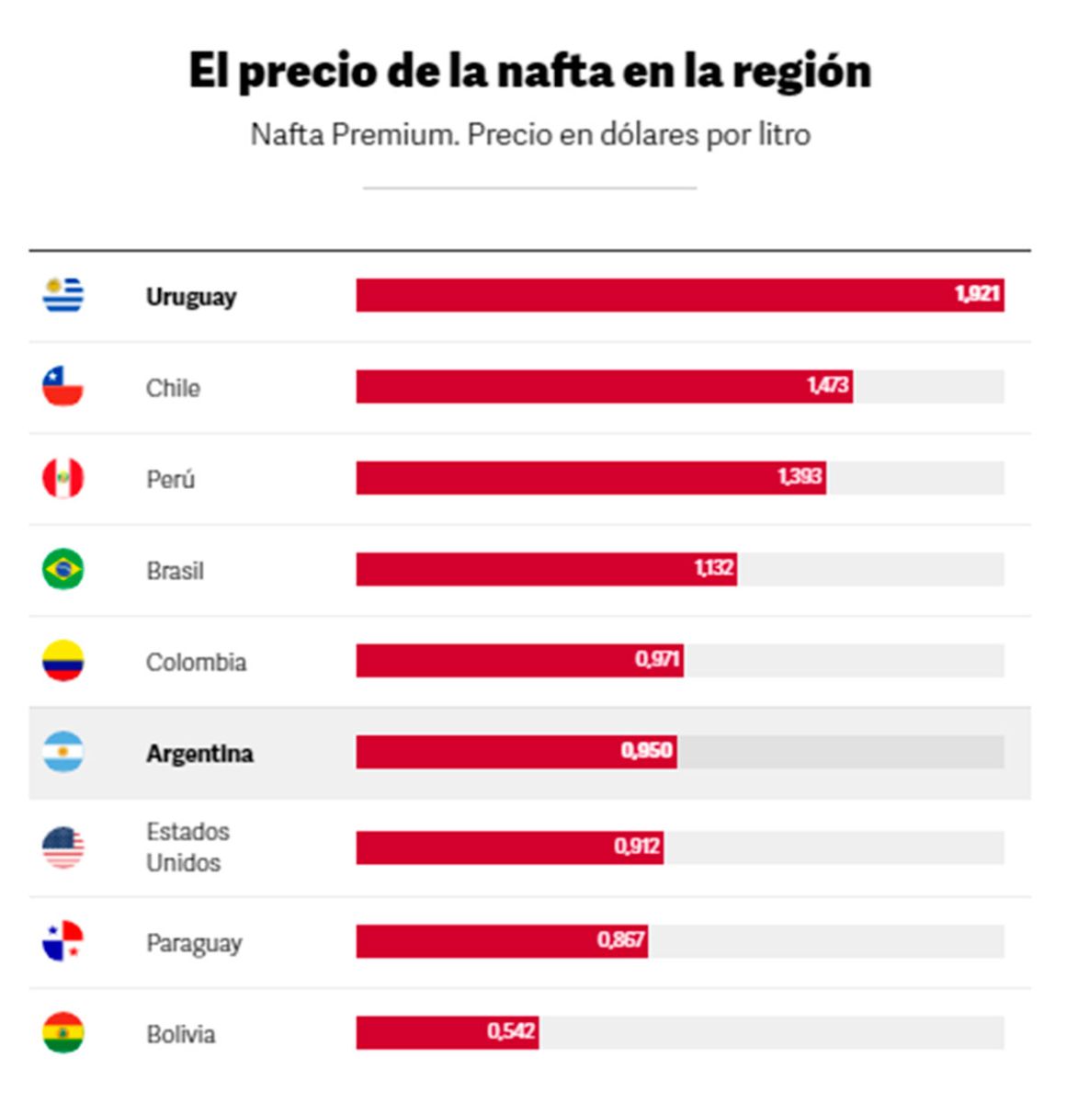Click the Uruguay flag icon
click(x=62, y=295)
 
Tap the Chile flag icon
click(x=62, y=386)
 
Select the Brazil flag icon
click(x=62, y=569)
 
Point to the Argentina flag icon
click(x=62, y=752)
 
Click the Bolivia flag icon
click(x=62, y=1033)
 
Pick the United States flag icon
click(x=62, y=847)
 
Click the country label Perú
click(x=170, y=479)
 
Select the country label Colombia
click(x=196, y=662)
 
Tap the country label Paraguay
click(x=194, y=943)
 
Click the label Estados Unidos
click(x=187, y=847)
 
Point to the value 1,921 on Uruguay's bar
click(x=976, y=294)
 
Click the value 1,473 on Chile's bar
click(x=827, y=385)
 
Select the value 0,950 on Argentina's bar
click(x=646, y=751)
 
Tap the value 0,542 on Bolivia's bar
click(x=511, y=1031)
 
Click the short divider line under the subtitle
click(x=529, y=188)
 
